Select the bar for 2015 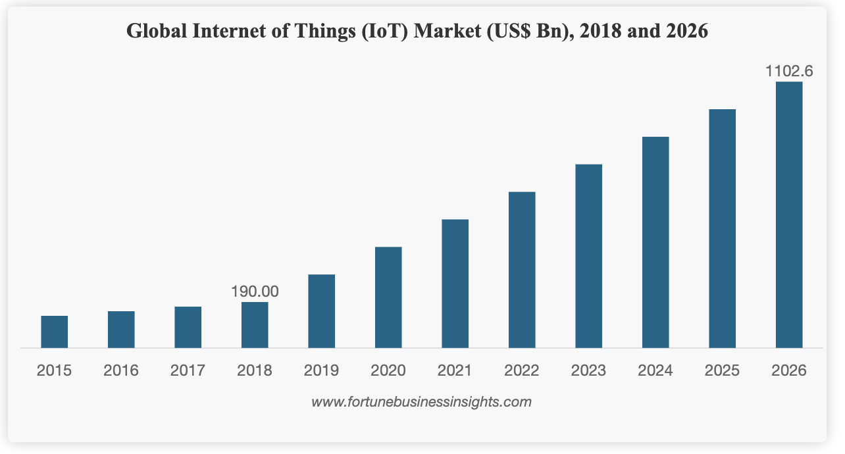54,332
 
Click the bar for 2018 255,324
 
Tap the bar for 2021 455,283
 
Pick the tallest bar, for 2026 788,214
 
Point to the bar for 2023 588,255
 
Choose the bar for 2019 321,311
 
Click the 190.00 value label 255,291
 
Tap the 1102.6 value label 788,71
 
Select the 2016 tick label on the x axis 121,370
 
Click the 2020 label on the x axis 388,370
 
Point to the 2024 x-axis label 655,370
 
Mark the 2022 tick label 522,370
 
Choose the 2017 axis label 188,370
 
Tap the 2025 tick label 722,370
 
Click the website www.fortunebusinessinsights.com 421,401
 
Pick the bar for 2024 655,242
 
